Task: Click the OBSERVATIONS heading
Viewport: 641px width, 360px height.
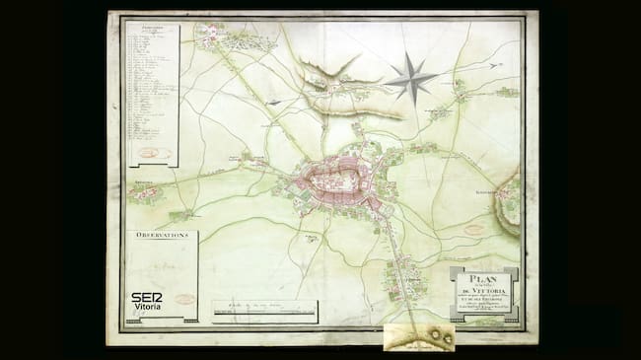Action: (x=162, y=237)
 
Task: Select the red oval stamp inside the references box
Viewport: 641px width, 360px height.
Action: (x=152, y=152)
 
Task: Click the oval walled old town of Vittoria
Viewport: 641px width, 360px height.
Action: (x=336, y=179)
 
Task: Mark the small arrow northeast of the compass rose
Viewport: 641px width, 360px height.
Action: (x=495, y=65)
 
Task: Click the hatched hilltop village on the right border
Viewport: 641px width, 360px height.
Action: (x=511, y=197)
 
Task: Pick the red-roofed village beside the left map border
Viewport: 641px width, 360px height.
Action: (x=144, y=192)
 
